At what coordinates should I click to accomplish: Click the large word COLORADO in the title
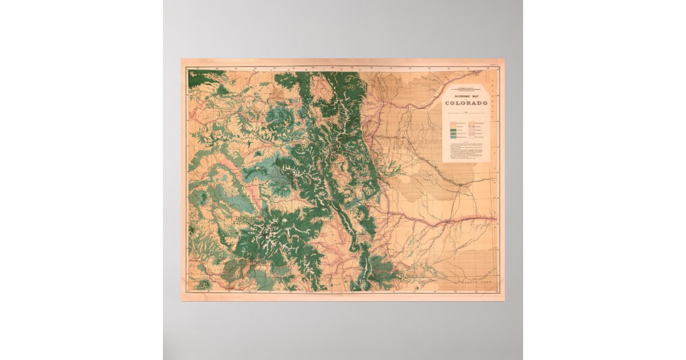pos(466,103)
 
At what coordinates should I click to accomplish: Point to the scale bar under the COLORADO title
pos(466,113)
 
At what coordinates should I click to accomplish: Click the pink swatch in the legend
pos(453,122)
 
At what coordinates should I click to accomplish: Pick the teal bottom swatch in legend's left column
pos(453,137)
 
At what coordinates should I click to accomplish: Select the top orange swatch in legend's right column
pos(472,122)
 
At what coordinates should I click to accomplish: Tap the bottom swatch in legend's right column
pos(472,137)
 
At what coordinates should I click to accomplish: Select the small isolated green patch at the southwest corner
pos(202,284)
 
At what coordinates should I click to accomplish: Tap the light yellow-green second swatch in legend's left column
pos(453,127)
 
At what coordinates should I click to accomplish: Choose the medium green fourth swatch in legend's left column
pos(453,134)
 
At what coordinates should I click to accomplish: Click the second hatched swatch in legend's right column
pos(472,127)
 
